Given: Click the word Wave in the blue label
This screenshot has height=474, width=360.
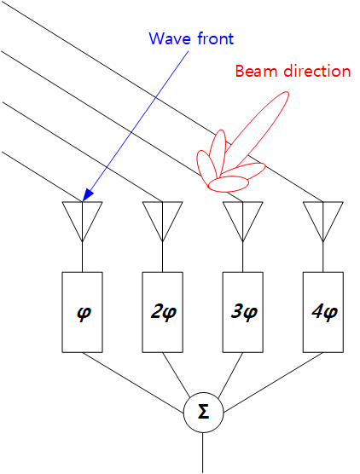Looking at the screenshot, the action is [170, 38].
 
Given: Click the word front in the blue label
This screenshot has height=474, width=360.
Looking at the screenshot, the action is [216, 38].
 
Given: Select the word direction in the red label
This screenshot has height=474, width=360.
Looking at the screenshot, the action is [317, 71].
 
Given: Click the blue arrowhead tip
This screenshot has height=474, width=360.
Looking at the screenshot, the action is [83, 201].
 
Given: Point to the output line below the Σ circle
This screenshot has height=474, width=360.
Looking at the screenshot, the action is [203, 453].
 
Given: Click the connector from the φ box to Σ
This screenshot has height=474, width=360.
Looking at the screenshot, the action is [133, 383].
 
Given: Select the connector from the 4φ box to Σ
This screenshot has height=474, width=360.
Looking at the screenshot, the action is [273, 383].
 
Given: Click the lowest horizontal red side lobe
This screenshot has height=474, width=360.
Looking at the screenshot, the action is [229, 184].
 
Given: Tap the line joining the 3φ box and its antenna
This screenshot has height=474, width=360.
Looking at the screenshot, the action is [243, 257].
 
